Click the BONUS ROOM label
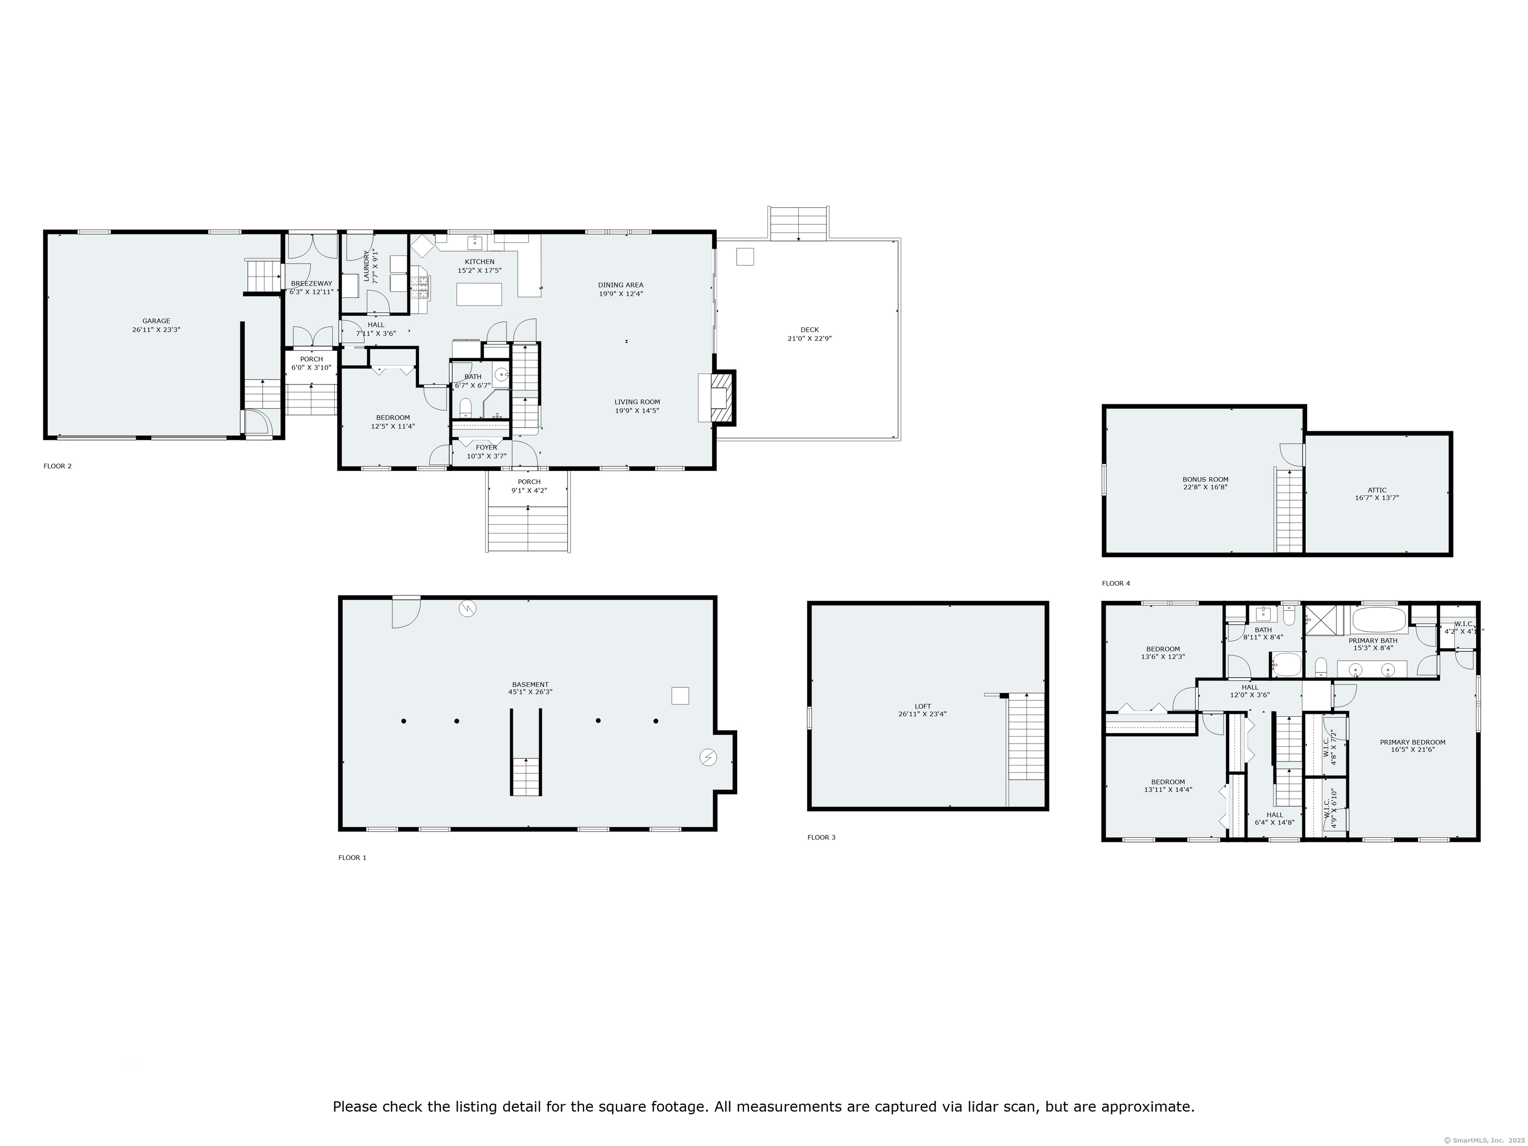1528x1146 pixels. [1205, 479]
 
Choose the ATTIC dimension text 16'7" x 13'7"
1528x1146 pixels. [1377, 497]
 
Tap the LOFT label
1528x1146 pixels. [923, 706]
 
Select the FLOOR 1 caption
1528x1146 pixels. [352, 857]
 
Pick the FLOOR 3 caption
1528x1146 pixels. [821, 837]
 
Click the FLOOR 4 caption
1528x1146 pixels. [1116, 583]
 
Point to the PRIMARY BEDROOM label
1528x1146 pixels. [1413, 743]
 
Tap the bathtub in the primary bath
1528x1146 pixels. [1379, 620]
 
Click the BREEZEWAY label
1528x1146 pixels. [311, 283]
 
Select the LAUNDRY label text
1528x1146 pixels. [367, 266]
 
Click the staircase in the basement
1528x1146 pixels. [526, 776]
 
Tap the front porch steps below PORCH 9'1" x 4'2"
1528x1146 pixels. [528, 528]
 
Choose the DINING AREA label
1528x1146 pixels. [620, 285]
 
